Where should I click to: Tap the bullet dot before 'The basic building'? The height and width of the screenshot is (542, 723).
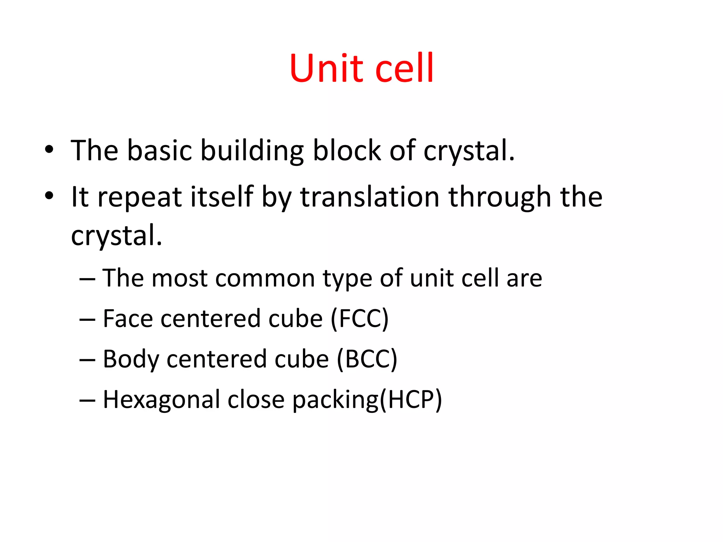(49, 150)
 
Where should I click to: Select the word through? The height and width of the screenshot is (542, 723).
(500, 198)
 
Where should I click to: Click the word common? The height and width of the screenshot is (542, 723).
(265, 278)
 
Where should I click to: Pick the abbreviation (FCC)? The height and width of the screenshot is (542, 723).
(359, 319)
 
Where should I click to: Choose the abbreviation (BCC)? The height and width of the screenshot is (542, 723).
(367, 359)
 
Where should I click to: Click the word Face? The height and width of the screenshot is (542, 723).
(127, 319)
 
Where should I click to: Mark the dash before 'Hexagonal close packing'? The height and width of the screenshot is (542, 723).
(87, 400)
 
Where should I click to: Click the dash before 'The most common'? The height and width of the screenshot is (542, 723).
(87, 279)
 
